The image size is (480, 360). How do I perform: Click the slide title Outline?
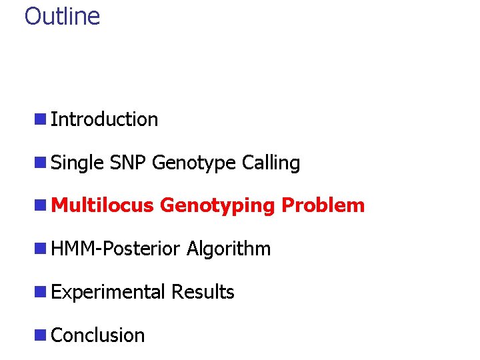[62, 16]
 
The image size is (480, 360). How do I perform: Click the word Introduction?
[104, 119]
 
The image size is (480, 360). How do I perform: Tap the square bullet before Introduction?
[41, 119]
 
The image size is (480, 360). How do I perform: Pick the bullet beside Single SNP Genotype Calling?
[41, 163]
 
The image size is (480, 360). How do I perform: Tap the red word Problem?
[323, 205]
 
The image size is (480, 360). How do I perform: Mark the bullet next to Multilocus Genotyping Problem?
[41, 205]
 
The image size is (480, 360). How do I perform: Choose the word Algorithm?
[229, 249]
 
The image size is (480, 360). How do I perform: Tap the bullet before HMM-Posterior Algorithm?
[41, 249]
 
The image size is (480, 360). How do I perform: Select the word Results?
[203, 292]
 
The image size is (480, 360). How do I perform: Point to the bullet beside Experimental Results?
[41, 292]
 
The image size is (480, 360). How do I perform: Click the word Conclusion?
[97, 335]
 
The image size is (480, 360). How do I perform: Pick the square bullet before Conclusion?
[41, 335]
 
